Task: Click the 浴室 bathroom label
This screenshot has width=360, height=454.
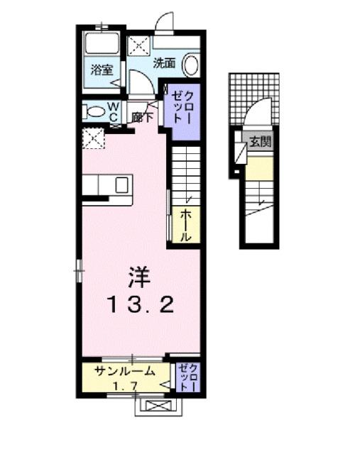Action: click(102, 70)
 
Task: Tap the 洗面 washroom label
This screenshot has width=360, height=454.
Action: click(166, 62)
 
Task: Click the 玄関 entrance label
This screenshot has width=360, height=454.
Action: click(260, 141)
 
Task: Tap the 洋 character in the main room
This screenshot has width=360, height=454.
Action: click(139, 275)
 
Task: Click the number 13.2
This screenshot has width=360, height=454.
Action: click(141, 306)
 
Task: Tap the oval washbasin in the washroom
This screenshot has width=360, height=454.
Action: click(190, 66)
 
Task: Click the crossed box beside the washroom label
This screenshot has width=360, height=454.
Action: click(138, 47)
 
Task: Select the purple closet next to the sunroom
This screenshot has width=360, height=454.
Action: click(187, 377)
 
